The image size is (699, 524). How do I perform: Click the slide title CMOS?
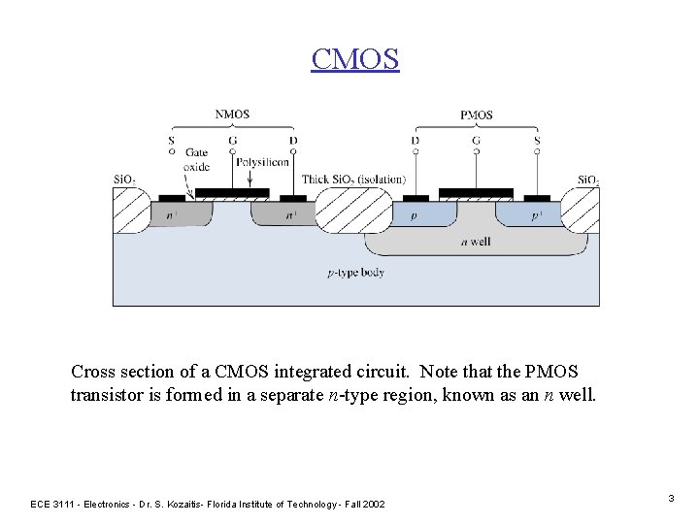(x=354, y=58)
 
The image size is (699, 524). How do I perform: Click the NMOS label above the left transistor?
(x=232, y=114)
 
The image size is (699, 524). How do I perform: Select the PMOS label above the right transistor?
(x=476, y=115)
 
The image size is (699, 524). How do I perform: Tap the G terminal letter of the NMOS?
(x=232, y=141)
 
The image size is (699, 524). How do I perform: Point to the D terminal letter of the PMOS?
(x=416, y=141)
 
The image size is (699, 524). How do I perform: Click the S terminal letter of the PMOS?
(x=537, y=141)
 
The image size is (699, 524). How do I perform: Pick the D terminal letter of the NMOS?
(x=293, y=141)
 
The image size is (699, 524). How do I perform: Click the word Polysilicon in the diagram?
(x=262, y=162)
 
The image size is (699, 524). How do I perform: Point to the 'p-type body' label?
(x=355, y=273)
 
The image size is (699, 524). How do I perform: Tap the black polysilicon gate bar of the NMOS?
(x=232, y=192)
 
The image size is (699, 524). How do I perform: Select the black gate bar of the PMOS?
(x=476, y=192)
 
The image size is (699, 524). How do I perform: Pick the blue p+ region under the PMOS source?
(x=532, y=214)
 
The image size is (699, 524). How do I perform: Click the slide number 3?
(x=671, y=498)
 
